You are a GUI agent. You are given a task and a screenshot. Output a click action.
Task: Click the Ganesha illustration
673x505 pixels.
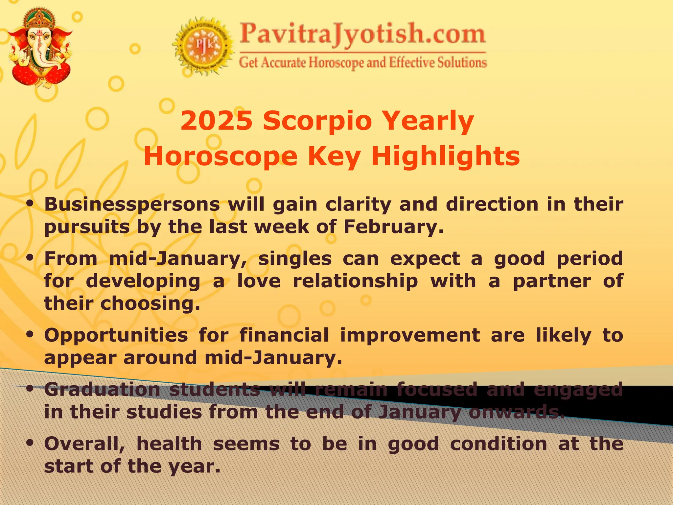point(40,48)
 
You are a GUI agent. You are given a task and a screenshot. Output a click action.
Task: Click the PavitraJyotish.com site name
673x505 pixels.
point(362,34)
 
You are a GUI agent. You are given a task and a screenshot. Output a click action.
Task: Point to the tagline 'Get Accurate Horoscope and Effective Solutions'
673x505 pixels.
point(362,62)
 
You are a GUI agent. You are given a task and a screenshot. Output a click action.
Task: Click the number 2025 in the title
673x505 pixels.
point(217,121)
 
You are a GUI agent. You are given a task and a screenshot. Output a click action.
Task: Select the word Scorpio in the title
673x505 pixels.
point(317,121)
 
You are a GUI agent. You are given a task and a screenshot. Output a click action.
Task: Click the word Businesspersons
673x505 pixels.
point(132,204)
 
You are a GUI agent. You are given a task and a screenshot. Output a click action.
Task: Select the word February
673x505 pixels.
point(393,227)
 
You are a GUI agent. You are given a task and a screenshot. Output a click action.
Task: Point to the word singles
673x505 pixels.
point(295,258)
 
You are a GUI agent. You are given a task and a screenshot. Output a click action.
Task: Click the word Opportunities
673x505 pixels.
point(116,335)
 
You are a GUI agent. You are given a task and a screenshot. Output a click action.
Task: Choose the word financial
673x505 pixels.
point(284,335)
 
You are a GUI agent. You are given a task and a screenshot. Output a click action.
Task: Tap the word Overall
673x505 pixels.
point(84,444)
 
